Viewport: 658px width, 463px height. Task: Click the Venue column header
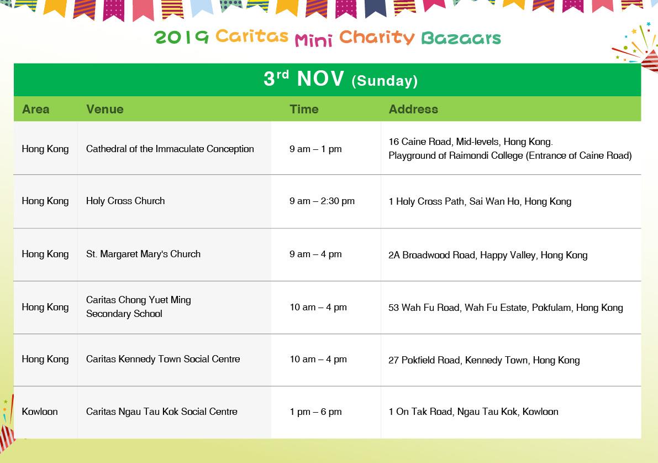[x=105, y=109]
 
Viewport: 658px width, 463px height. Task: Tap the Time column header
[x=304, y=109]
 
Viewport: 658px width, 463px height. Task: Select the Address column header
[x=413, y=109]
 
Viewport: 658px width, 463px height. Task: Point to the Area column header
[x=36, y=109]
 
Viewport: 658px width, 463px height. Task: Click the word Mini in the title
[x=313, y=39]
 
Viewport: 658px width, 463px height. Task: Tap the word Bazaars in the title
[x=461, y=38]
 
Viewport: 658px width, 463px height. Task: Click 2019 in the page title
[x=181, y=38]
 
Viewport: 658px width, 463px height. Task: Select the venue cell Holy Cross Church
[x=125, y=201]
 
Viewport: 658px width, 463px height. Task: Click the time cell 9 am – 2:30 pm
[x=322, y=201]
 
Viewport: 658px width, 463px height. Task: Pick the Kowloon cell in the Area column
[x=40, y=412]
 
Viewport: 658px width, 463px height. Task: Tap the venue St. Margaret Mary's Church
[x=143, y=254]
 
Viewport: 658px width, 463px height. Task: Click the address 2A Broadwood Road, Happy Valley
[x=488, y=255]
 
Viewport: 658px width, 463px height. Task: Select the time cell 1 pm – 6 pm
[x=315, y=412]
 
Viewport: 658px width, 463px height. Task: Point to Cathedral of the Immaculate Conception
[x=170, y=149]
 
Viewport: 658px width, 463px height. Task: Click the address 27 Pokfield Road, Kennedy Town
[x=485, y=360]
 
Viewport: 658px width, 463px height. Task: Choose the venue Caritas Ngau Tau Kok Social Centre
[x=161, y=412]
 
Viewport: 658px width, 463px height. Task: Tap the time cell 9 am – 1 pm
[x=315, y=149]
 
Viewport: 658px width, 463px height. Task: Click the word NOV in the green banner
[x=320, y=79]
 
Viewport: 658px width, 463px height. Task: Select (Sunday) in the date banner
[x=385, y=81]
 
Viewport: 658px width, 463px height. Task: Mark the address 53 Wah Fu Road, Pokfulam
[x=506, y=308]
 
